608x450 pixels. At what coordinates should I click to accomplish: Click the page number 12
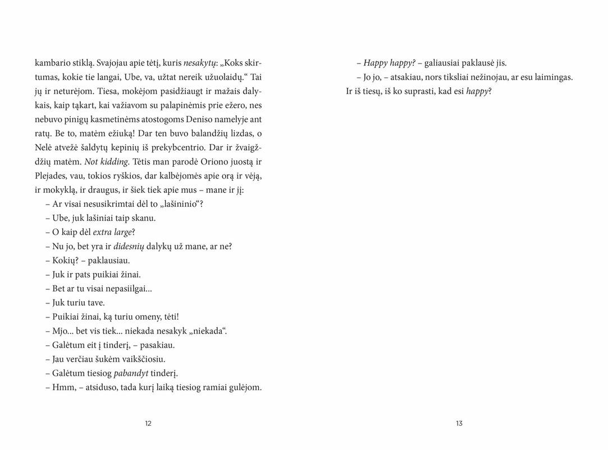point(148,423)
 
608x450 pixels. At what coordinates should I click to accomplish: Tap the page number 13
point(459,423)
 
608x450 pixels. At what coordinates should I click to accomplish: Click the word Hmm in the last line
point(62,387)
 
